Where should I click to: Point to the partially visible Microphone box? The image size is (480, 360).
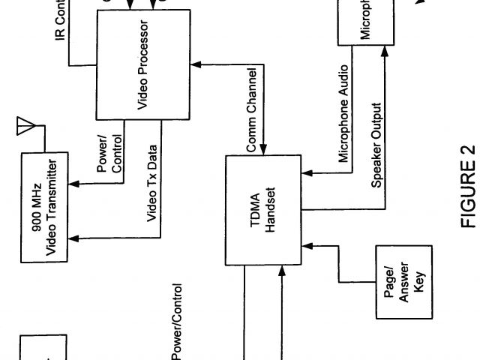pyautogui.click(x=366, y=21)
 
